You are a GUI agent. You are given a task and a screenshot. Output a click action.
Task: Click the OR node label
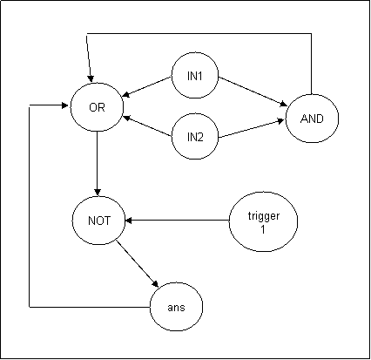tap(97, 107)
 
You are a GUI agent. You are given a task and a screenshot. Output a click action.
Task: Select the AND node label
tap(312, 119)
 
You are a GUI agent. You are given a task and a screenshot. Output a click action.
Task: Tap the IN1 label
tap(195, 76)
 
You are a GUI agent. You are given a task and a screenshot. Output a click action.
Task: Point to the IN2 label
tap(195, 137)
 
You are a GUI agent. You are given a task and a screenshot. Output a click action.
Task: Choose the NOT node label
tap(99, 221)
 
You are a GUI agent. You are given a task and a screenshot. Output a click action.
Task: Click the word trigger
tap(264, 216)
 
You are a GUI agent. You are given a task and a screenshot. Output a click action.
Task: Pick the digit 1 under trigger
tap(263, 229)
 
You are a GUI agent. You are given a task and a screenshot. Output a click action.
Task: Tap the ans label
tap(176, 308)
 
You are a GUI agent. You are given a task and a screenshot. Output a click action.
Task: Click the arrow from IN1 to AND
tap(253, 92)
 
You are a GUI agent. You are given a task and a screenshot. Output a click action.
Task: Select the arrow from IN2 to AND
tap(251, 128)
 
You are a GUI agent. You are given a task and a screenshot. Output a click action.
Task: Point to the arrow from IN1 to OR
tap(147, 86)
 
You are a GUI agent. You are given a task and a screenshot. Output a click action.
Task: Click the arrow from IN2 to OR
tap(147, 126)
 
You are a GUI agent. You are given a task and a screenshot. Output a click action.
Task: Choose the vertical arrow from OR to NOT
tap(98, 163)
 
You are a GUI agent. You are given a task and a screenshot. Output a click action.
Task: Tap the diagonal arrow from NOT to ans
tap(138, 263)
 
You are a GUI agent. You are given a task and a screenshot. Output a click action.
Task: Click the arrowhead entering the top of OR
tap(91, 78)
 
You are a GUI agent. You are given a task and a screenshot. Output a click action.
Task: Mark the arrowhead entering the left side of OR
tap(65, 105)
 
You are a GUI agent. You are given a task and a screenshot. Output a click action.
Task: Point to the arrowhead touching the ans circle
tap(155, 284)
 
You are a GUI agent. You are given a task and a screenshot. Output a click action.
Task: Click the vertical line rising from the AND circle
tap(312, 64)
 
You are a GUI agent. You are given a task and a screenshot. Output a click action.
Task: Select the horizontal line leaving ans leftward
tap(90, 307)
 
